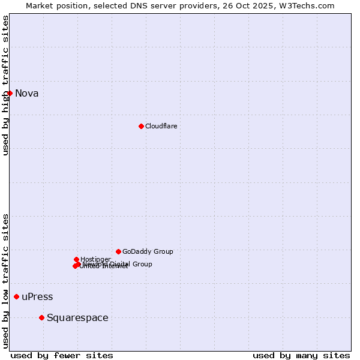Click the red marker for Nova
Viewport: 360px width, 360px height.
(10, 93)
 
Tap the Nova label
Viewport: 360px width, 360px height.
(27, 93)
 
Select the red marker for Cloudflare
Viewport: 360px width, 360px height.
(141, 126)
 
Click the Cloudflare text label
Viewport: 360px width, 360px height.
(161, 126)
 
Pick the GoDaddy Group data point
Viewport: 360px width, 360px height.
(118, 251)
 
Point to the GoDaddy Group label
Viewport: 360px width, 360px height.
(148, 251)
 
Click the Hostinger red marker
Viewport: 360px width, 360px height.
(76, 259)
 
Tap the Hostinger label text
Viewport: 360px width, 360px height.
(95, 259)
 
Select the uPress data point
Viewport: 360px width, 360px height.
(16, 296)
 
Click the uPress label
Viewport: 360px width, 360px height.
(37, 297)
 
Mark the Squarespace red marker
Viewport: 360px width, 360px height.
(41, 317)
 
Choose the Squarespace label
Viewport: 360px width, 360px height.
(77, 318)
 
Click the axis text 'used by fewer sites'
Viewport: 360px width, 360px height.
(62, 355)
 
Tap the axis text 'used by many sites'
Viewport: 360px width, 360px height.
(301, 355)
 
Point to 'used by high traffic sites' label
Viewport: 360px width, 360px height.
(5, 85)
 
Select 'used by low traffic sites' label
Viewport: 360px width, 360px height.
(5, 281)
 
